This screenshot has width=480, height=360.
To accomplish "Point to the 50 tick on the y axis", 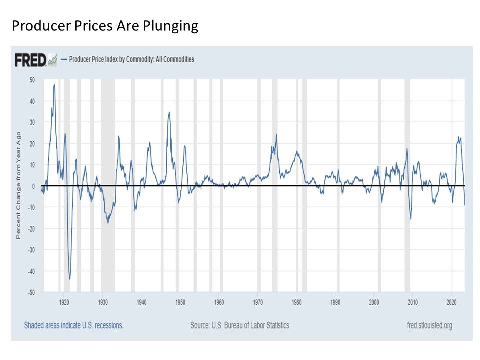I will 32,80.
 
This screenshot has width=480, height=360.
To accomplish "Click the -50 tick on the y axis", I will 31,292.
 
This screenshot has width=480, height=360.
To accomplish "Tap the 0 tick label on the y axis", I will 33,186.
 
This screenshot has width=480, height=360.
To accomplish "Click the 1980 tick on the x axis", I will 297,302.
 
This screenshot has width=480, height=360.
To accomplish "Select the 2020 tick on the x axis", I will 452,302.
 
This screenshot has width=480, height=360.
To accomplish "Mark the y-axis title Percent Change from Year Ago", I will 19,185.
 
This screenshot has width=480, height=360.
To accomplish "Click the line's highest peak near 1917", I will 54,84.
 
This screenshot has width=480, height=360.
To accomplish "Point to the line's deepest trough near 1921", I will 70,279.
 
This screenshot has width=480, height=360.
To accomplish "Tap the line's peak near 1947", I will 169,112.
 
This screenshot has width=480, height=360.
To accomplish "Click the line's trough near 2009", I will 411,219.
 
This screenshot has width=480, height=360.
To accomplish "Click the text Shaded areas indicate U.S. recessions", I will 74,325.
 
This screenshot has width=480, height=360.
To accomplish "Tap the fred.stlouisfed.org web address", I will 430,325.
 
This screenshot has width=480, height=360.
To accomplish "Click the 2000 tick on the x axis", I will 374,302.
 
